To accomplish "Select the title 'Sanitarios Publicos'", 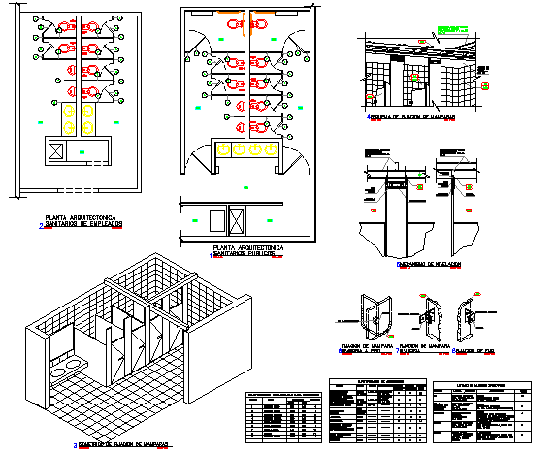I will pos(247,256).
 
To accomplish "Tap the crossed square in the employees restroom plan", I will pos(56,151).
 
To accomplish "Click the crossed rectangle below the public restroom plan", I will pos(237,220).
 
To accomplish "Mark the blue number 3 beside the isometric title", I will pos(76,445).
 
